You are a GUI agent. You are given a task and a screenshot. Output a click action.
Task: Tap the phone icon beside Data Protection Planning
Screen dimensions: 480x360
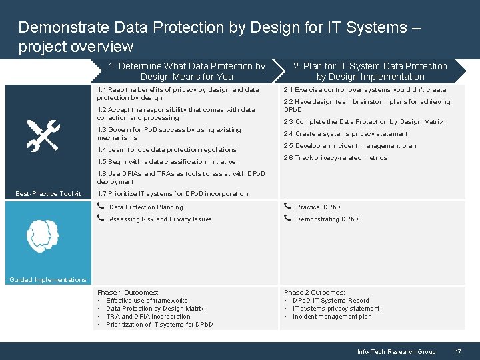(x=100, y=207)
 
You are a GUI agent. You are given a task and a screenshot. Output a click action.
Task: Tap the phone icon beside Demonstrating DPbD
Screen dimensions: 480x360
(x=287, y=219)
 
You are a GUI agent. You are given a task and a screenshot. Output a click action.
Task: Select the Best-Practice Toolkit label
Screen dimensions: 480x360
(x=48, y=194)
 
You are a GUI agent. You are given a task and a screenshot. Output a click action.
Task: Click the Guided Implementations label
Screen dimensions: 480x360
(x=48, y=280)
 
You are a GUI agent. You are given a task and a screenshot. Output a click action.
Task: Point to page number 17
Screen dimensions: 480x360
(x=458, y=351)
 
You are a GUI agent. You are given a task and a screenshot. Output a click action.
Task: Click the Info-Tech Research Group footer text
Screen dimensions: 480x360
(x=396, y=351)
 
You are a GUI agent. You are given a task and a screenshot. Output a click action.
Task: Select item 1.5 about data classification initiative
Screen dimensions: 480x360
(x=166, y=162)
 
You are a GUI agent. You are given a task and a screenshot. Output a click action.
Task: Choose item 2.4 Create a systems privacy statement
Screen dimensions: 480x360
(x=345, y=134)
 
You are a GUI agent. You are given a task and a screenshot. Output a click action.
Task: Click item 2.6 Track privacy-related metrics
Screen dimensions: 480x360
(x=335, y=158)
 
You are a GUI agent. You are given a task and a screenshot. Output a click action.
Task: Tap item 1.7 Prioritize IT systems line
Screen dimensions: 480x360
(x=173, y=194)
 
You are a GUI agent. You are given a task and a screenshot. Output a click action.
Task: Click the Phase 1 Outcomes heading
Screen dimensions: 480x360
(x=128, y=293)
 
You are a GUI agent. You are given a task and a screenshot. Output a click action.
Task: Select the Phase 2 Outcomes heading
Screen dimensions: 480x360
(x=315, y=293)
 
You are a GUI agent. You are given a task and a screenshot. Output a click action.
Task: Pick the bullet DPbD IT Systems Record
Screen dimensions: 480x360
(x=331, y=301)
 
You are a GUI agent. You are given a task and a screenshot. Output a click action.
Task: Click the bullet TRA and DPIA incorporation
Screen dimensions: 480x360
(x=148, y=317)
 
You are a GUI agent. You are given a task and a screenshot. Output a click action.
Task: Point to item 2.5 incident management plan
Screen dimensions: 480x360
(x=349, y=146)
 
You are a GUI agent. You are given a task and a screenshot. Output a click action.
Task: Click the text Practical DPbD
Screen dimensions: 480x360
(x=318, y=207)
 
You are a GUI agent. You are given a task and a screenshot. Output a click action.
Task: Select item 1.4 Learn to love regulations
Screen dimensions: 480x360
(x=167, y=150)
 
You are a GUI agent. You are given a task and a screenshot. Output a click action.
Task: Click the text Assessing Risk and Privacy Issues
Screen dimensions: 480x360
(x=160, y=219)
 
